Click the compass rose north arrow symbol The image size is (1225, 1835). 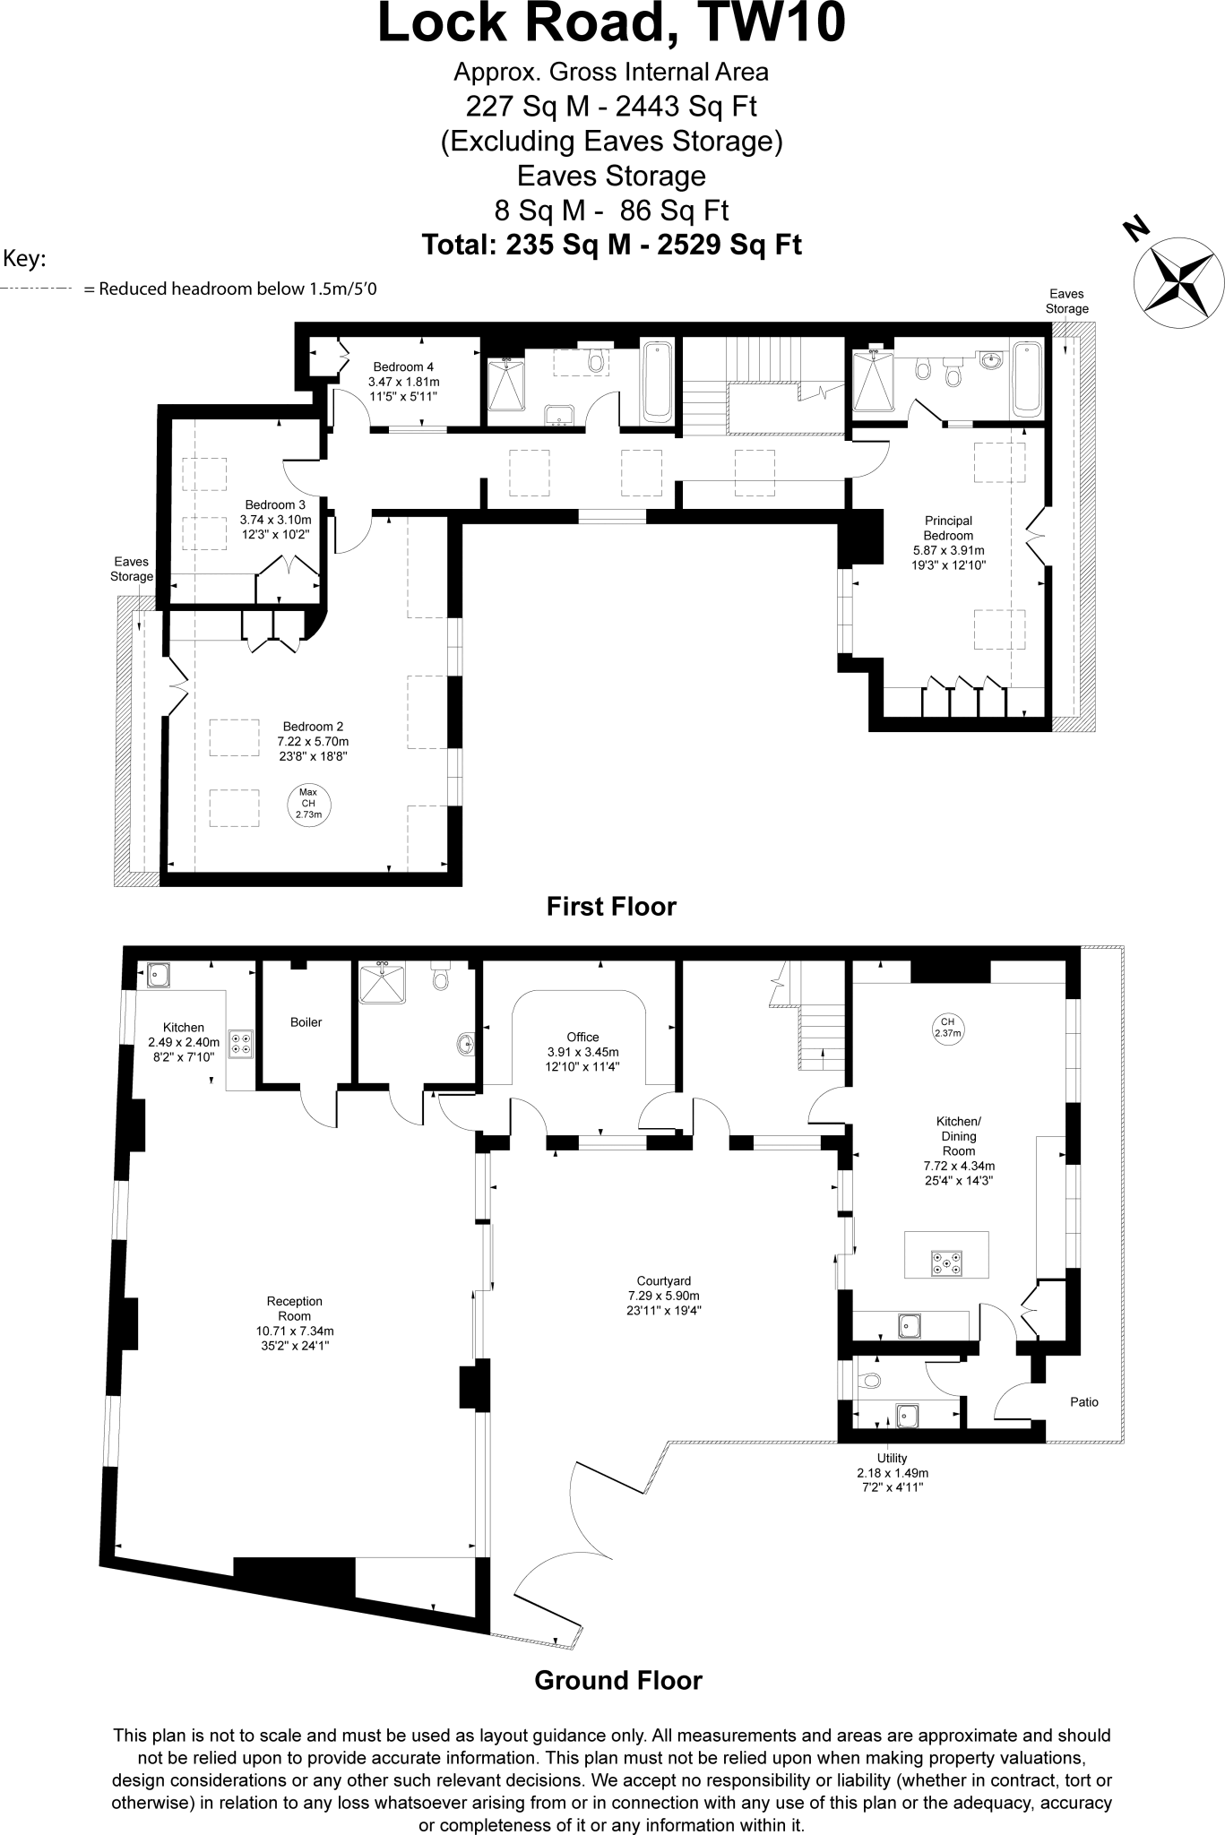1178,278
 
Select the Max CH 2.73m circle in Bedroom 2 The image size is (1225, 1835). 308,803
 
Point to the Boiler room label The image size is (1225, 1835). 306,1022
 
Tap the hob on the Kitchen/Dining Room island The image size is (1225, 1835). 946,1263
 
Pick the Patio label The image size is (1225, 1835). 1083,1402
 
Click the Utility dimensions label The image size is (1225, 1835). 892,1473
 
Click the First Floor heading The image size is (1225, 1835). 611,907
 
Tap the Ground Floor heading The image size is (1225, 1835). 617,1680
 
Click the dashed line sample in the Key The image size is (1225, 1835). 36,289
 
